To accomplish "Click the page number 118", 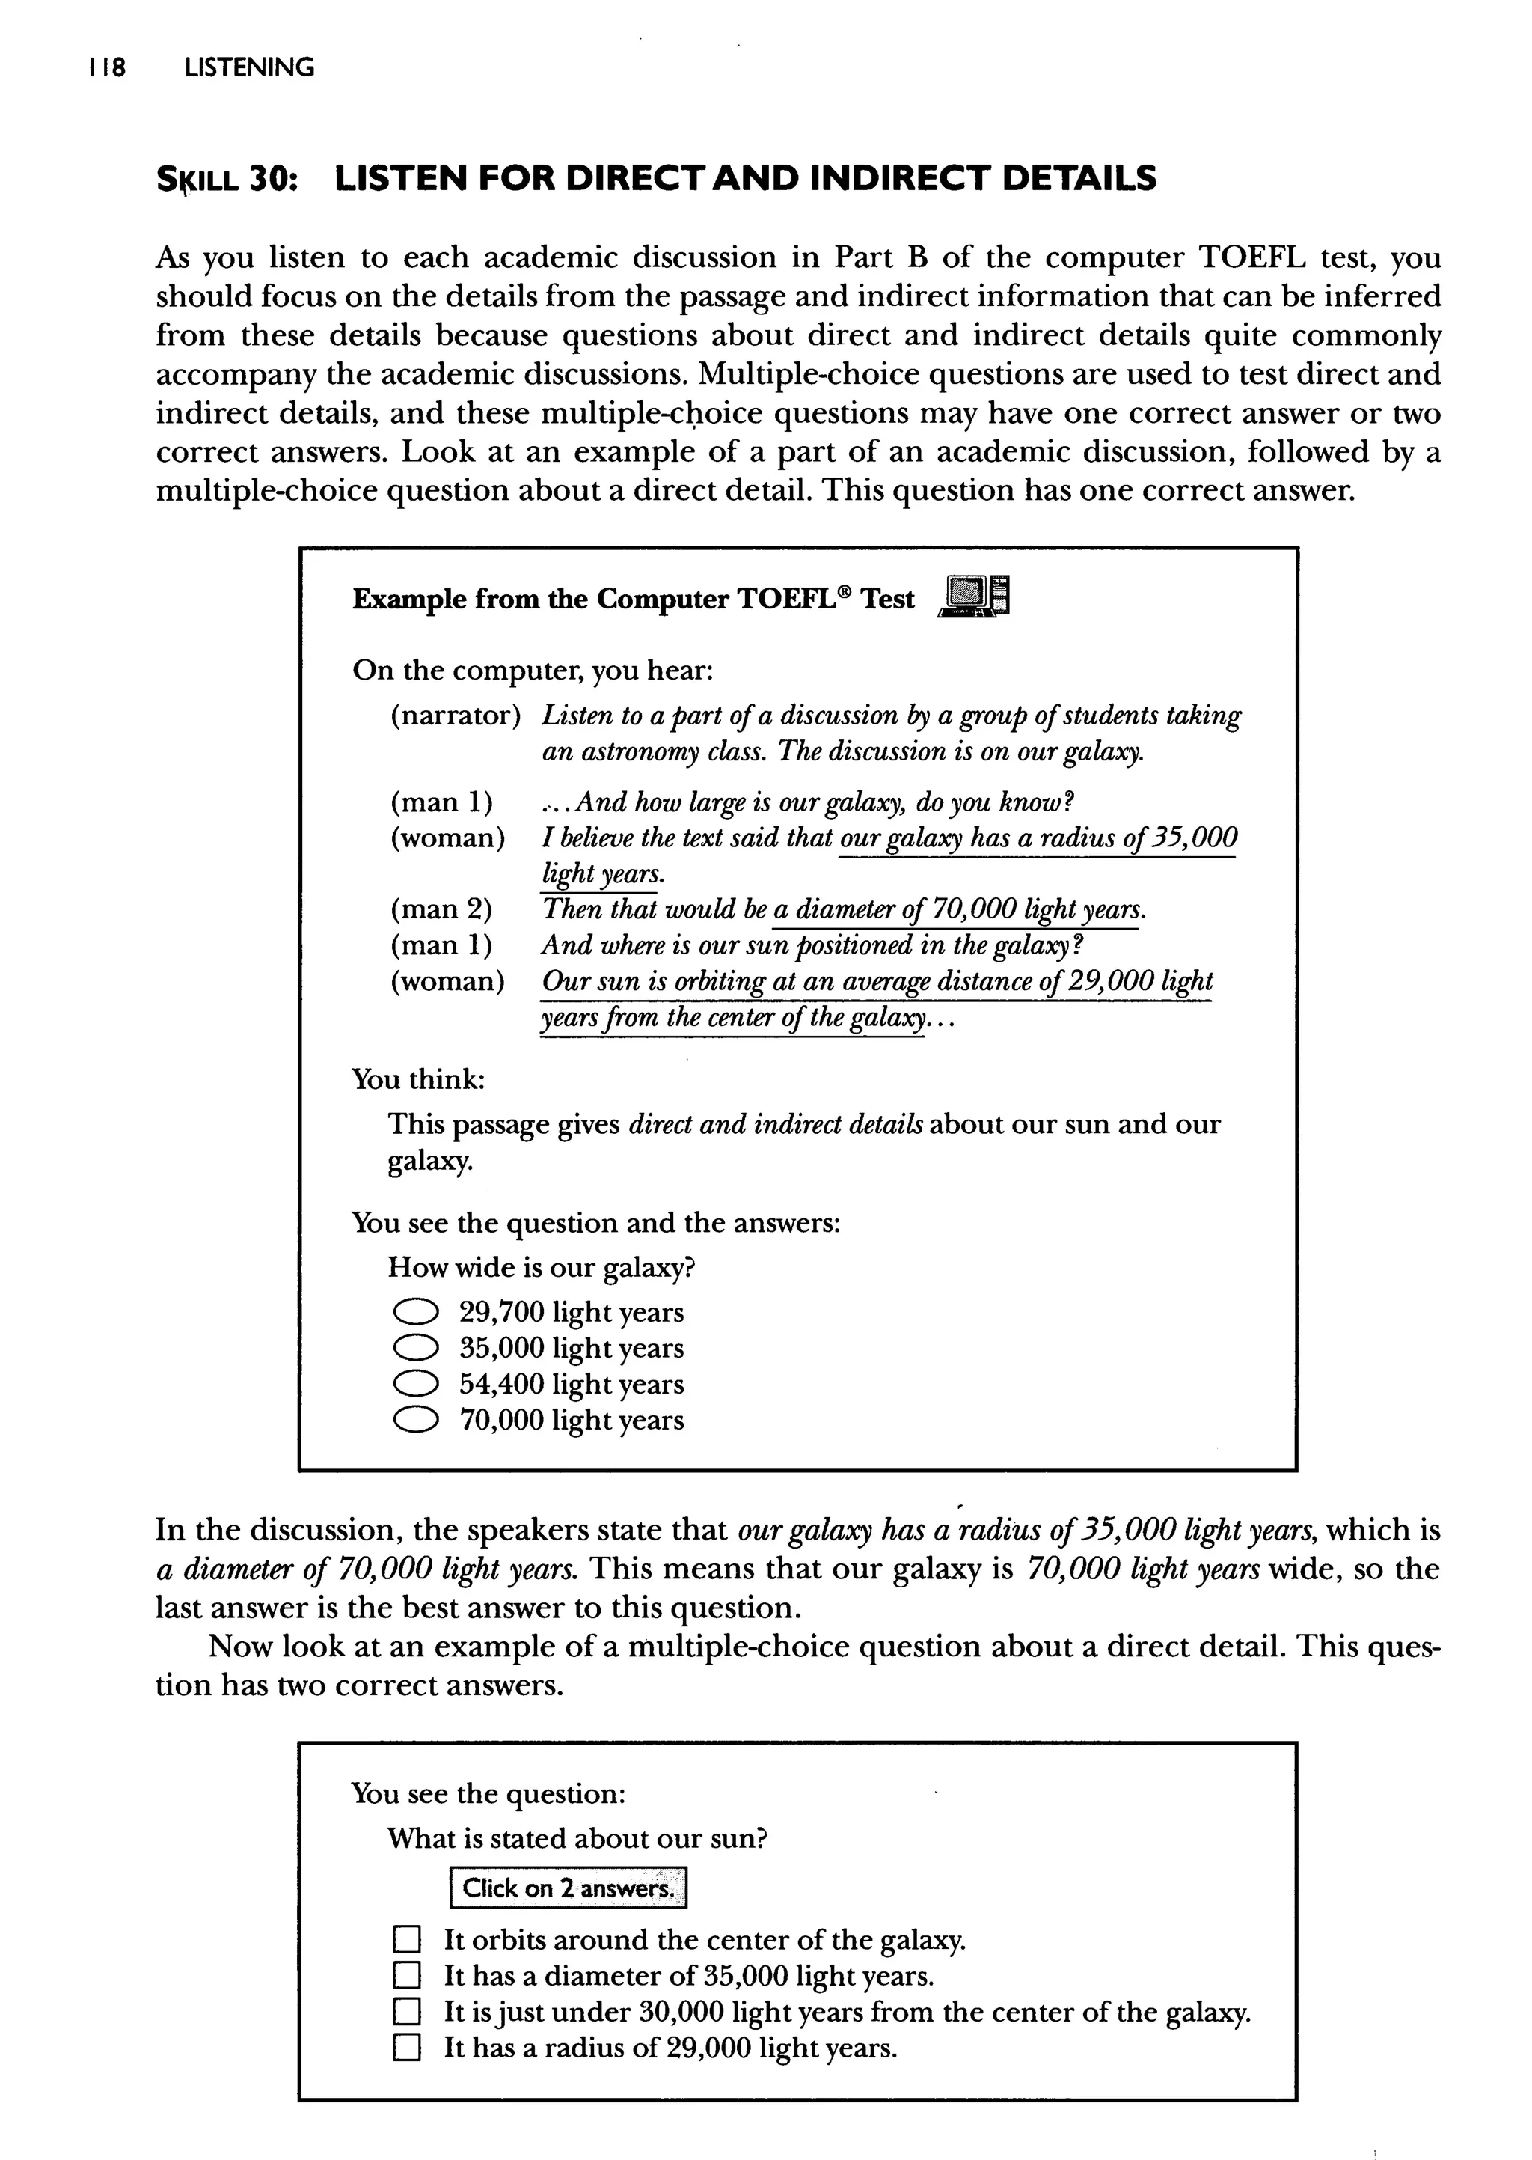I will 107,68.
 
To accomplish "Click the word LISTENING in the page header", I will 249,68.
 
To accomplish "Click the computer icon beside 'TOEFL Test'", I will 973,597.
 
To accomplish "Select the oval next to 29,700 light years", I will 415,1313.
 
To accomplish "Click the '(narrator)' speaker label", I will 456,716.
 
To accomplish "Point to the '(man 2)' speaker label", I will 441,909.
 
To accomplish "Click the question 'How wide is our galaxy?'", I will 542,1267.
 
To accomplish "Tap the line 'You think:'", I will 418,1079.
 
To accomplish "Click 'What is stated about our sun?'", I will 577,1838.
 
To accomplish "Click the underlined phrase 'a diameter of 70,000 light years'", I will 958,909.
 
